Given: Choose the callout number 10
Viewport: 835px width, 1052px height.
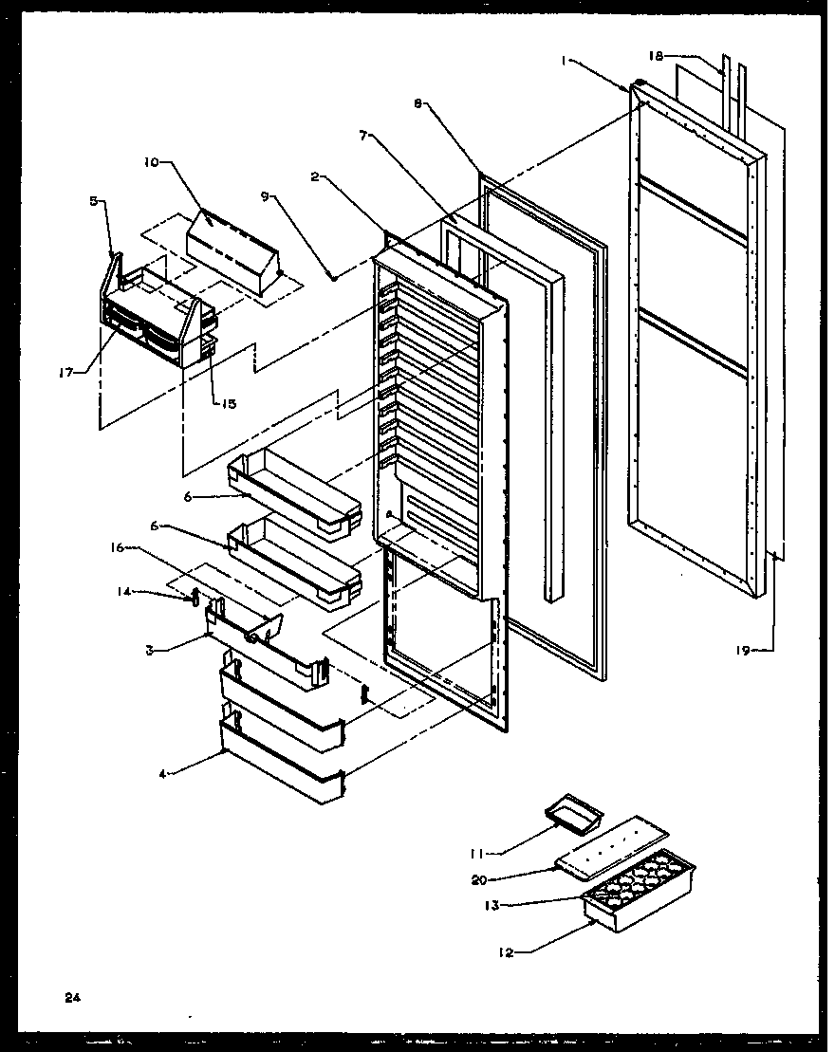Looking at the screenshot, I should (151, 162).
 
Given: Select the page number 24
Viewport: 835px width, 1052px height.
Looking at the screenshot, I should (72, 997).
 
